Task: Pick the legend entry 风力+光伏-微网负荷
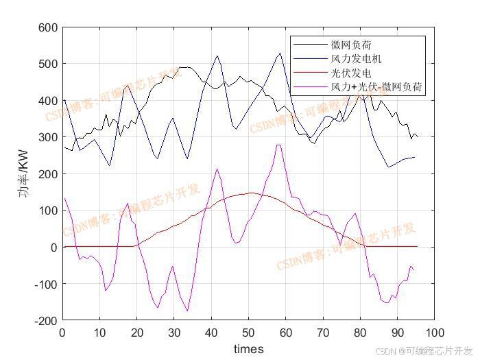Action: pos(376,87)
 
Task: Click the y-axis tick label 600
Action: pos(49,27)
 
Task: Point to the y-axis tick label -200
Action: pos(47,320)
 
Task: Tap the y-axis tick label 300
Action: pos(49,137)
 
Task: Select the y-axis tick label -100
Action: pos(47,284)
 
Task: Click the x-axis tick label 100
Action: pos(434,333)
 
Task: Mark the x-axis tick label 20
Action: pos(137,333)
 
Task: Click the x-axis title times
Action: pos(248,349)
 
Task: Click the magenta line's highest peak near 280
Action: pos(278,145)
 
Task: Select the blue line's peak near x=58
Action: pos(279,53)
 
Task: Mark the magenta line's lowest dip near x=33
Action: pos(187,311)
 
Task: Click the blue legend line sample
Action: pos(311,59)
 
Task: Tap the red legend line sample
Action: pos(311,73)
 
